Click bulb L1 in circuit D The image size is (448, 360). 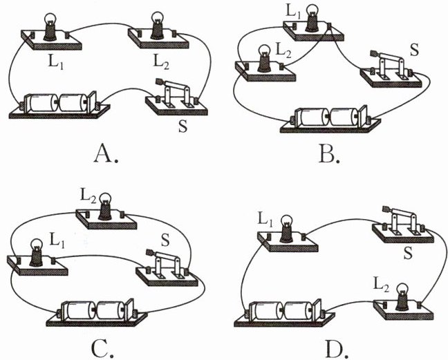pos(285,230)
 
